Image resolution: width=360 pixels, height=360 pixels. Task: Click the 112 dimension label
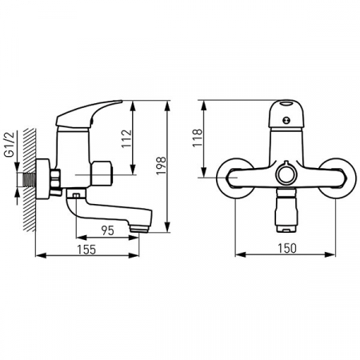coord(126,138)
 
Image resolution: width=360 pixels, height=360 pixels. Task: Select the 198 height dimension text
coord(161,166)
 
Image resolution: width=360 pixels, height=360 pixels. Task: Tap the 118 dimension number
coord(198,138)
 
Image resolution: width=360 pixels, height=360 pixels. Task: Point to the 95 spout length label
coord(108,230)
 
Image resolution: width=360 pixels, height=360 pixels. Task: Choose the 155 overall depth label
coord(86,250)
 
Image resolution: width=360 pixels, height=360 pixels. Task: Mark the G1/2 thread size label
coord(11,147)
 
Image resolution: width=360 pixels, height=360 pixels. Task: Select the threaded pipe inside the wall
coord(29,180)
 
